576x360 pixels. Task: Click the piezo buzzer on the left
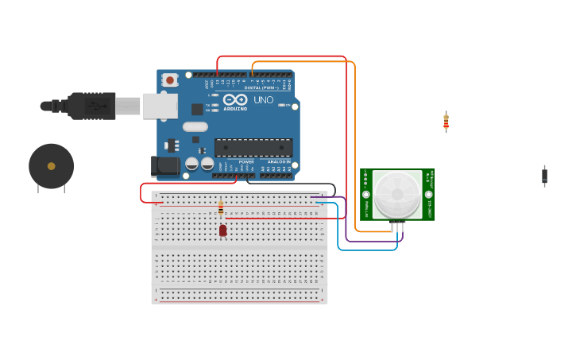pos(52,166)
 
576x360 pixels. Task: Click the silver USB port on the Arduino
pos(160,106)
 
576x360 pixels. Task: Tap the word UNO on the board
pos(263,100)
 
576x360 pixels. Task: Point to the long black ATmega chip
pos(253,147)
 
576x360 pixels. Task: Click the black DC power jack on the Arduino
pos(165,165)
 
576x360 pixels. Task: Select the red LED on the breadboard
pos(222,230)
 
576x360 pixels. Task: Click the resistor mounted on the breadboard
pos(221,208)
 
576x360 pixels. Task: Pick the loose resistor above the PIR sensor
pos(446,122)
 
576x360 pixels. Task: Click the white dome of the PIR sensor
pos(396,194)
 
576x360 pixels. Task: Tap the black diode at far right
pos(544,176)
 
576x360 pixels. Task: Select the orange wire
pos(354,143)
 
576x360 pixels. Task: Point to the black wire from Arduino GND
pos(294,184)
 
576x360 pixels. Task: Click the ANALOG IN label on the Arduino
pos(278,161)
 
